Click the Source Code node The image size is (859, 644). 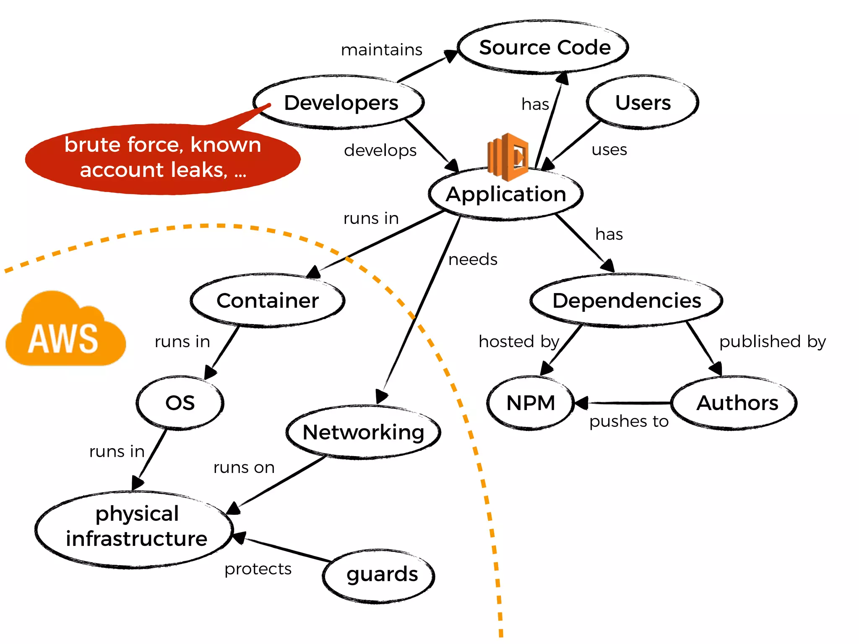coord(544,47)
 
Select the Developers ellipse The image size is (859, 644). coord(340,103)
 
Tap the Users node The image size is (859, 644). coord(643,103)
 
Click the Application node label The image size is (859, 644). coord(506,194)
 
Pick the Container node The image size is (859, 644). coord(268,301)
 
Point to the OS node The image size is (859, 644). coord(180,403)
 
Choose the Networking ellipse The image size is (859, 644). coord(363,432)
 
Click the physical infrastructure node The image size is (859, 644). coord(135,527)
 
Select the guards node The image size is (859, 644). coord(381,574)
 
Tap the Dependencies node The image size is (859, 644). coord(627,301)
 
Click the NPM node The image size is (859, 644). coord(531,403)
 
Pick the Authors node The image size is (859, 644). coord(737,403)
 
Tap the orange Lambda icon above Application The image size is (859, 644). coord(508,157)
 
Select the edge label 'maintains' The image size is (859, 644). coord(381,50)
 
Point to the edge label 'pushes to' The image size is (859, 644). coord(628,421)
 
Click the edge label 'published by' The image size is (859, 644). coord(772,342)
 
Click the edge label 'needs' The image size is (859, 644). coord(473,260)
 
